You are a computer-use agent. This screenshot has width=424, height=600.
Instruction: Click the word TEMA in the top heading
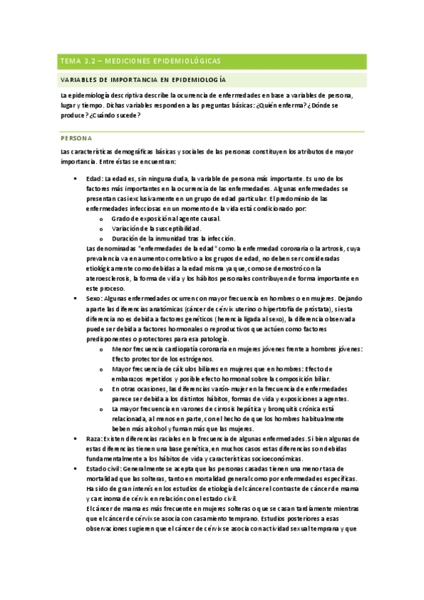pyautogui.click(x=70, y=61)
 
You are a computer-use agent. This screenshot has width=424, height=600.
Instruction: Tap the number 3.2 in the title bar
pyautogui.click(x=92, y=61)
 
